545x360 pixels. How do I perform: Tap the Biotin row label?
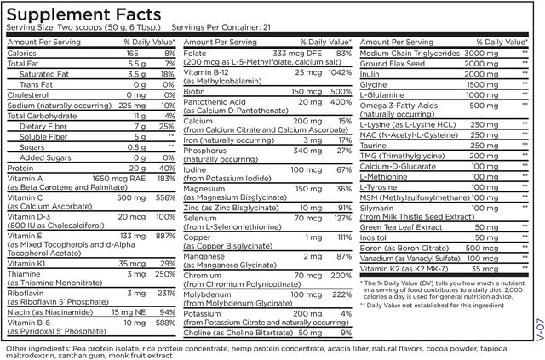(194, 113)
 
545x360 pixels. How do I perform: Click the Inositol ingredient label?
(375, 237)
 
